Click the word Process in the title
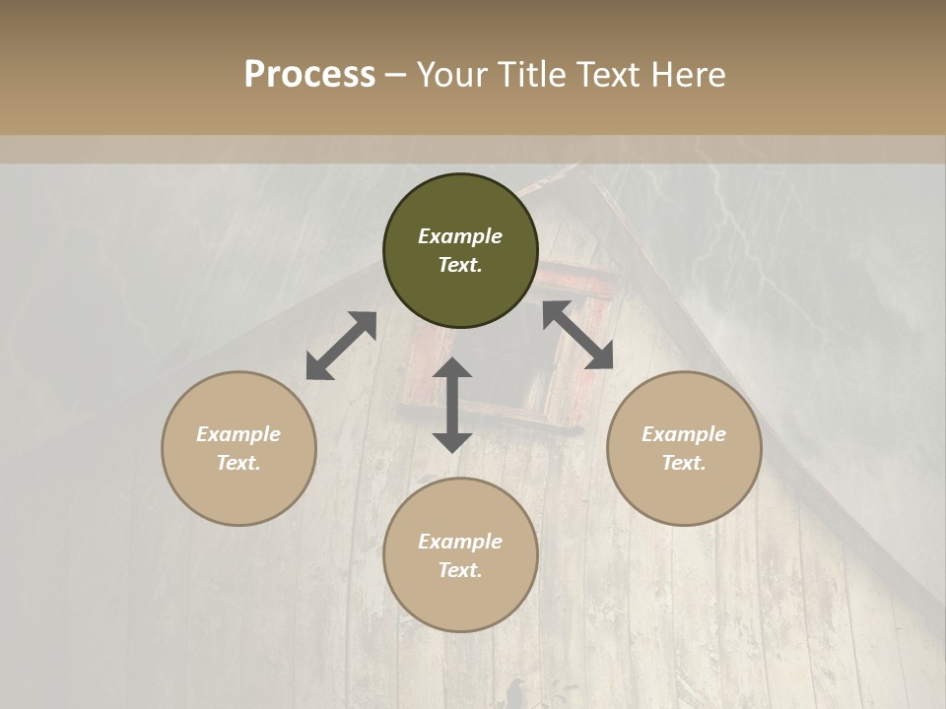[x=309, y=76]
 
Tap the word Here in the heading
[x=687, y=76]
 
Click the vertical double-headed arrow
[x=452, y=405]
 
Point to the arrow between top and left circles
[x=341, y=346]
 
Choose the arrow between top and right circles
[x=577, y=335]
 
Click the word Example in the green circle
[x=460, y=236]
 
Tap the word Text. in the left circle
[x=238, y=463]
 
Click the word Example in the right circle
[x=684, y=434]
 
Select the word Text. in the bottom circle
[x=460, y=570]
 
